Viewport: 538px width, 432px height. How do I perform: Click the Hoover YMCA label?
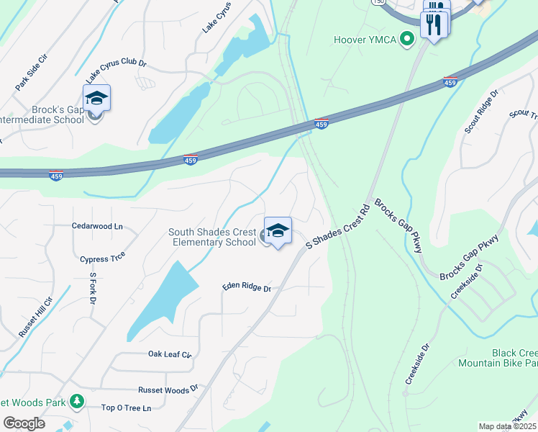(x=365, y=40)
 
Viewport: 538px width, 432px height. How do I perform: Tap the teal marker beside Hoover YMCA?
(x=407, y=40)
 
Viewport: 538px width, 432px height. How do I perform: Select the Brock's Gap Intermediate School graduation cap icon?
(x=96, y=98)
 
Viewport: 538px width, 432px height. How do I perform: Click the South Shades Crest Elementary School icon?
(x=278, y=230)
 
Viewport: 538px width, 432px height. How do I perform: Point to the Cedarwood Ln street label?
(x=98, y=226)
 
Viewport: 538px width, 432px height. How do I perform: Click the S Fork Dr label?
(x=93, y=285)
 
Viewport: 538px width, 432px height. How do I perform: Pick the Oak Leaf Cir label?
(x=170, y=354)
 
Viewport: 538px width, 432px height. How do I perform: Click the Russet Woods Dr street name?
(x=168, y=389)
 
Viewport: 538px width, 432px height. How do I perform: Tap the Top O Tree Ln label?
(x=127, y=408)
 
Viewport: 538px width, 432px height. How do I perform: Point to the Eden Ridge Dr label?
(x=246, y=287)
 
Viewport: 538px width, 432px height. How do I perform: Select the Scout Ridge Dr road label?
(x=481, y=112)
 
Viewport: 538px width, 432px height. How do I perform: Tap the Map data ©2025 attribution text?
(x=508, y=426)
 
